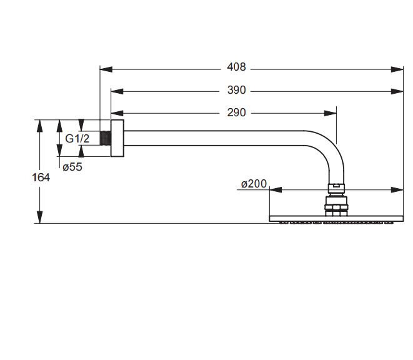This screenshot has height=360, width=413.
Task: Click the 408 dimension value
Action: [237, 67]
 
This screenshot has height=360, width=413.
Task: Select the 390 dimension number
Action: [237, 91]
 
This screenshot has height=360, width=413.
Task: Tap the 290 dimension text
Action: [237, 113]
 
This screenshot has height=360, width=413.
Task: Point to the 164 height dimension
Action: [41, 177]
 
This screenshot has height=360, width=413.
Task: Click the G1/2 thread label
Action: [77, 139]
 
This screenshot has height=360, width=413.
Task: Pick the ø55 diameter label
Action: [72, 166]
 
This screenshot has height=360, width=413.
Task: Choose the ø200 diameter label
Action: [254, 184]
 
